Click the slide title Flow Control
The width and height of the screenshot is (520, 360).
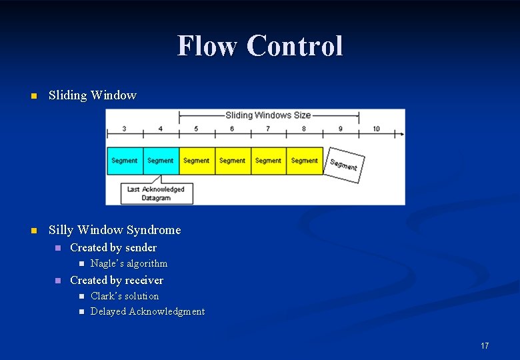(x=260, y=46)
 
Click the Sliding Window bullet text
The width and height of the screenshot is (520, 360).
(x=93, y=95)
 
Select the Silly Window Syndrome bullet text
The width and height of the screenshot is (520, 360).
(x=115, y=230)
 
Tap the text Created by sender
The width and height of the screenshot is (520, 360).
(x=113, y=247)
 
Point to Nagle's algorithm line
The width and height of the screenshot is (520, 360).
(x=129, y=263)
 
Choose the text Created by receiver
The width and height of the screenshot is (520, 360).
(x=117, y=280)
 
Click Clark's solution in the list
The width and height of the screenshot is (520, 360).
(x=125, y=296)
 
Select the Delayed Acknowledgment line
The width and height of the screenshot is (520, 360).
(x=147, y=311)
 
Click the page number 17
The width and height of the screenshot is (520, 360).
(x=485, y=345)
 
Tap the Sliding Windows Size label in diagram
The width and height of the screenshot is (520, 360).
(x=269, y=115)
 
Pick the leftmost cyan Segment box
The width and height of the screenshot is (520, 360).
(x=125, y=161)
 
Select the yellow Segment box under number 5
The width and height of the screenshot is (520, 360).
(x=197, y=161)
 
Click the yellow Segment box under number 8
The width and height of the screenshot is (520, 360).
(x=305, y=161)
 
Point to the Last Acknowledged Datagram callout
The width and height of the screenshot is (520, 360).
(x=156, y=193)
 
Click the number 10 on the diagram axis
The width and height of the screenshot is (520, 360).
(x=376, y=129)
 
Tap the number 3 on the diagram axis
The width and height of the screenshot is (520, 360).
(x=125, y=129)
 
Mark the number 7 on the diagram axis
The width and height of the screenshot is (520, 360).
(x=268, y=129)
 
